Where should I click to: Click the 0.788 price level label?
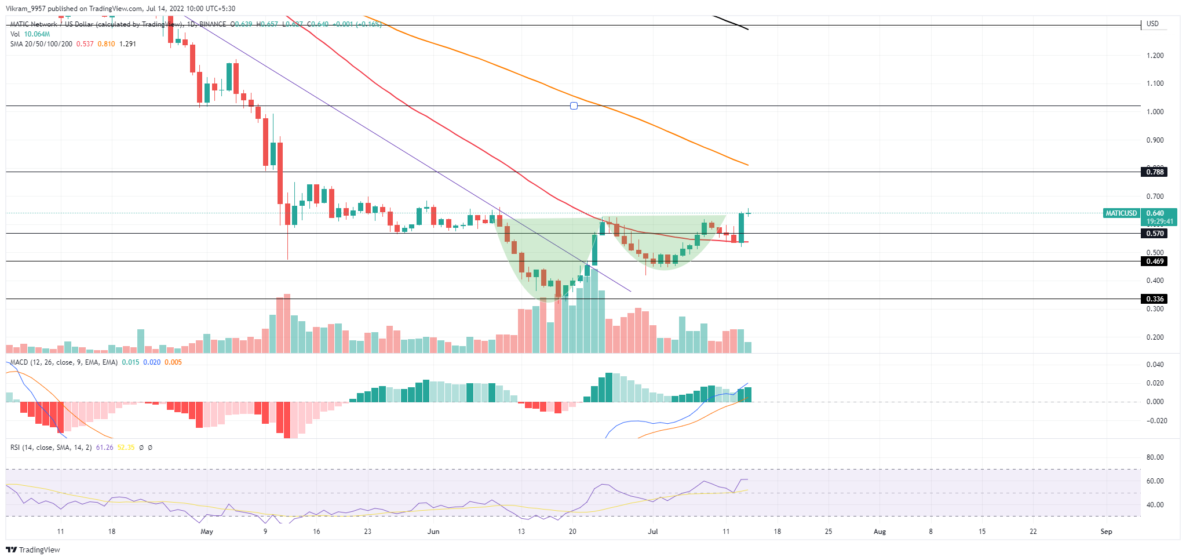1155,172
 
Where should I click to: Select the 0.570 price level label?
1155,234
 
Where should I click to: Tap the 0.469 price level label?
1155,261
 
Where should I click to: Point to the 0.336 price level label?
1155,299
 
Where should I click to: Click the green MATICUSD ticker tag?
1121,213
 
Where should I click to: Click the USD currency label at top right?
1152,24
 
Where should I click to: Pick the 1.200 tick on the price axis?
1155,56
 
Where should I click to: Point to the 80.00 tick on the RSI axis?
1155,457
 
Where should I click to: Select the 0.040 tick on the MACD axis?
1155,365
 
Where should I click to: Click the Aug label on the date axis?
880,532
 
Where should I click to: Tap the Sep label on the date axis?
1106,532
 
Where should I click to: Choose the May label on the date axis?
206,532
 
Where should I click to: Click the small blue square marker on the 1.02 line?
574,106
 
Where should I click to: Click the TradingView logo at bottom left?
33,550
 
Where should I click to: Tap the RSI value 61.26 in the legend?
104,448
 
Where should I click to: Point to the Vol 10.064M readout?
30,34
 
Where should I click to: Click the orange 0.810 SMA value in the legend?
106,44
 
